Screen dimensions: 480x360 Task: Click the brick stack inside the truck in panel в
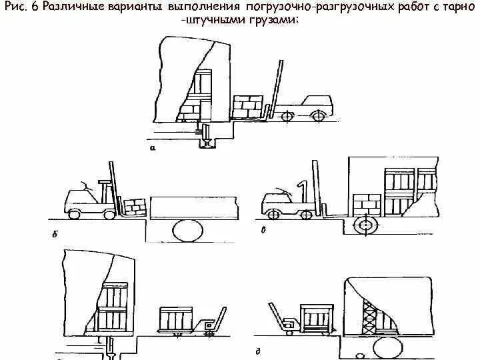[367, 203]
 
